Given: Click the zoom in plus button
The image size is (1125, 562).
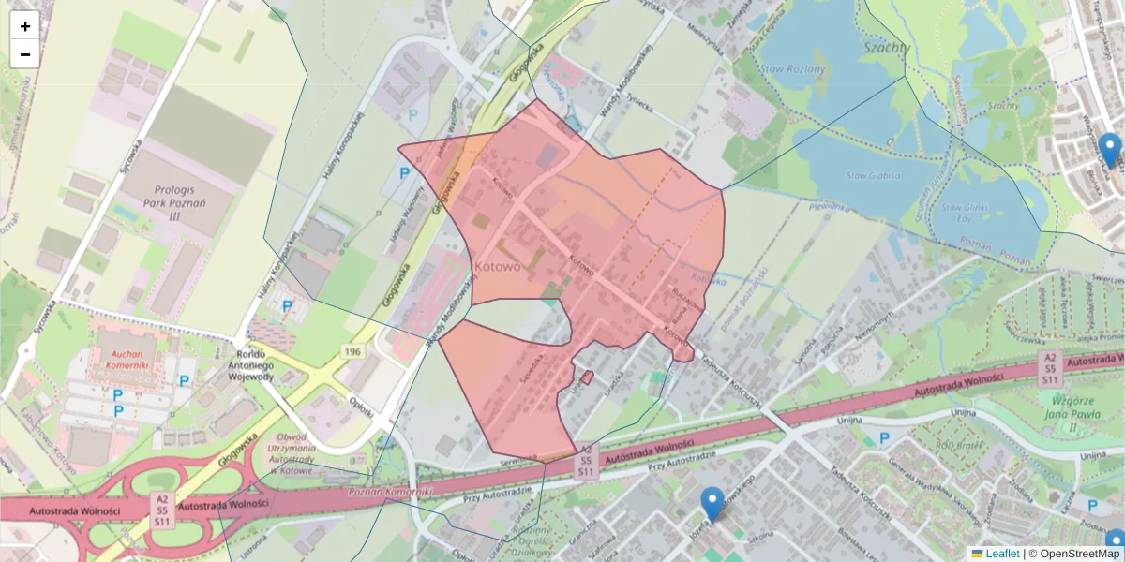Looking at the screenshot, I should coord(24,26).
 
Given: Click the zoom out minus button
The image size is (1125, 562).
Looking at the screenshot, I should coord(24,54).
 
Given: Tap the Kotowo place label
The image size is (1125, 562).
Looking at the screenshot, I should coord(498,266).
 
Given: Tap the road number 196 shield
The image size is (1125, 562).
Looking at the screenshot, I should coord(352,350).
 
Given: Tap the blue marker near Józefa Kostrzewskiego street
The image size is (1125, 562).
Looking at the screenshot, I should coord(712,504).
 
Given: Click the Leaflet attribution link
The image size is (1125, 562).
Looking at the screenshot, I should coord(1001,554).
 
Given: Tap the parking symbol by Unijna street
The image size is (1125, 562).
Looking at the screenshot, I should coord(884,438).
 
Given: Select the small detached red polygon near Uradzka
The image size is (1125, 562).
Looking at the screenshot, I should coord(586,377).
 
